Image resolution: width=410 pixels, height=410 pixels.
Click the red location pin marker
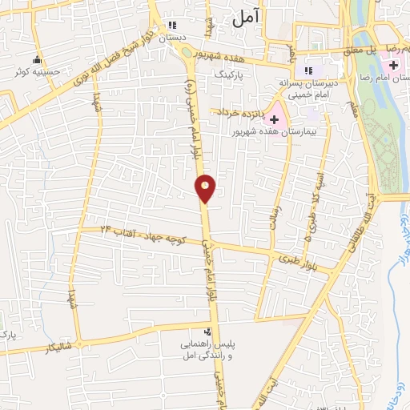(206, 188)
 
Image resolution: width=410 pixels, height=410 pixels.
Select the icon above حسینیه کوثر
(36, 60)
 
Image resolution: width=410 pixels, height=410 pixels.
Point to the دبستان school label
(171, 38)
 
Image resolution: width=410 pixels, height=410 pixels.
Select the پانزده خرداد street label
(238, 113)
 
